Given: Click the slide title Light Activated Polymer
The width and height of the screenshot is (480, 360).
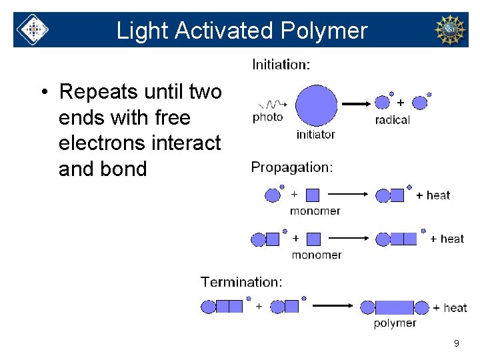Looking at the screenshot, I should (241, 31).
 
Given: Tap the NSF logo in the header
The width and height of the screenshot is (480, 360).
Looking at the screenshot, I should (450, 30).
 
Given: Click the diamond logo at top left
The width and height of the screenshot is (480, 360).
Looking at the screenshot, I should (32, 30).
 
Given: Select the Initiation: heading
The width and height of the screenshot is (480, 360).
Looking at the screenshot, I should (281, 65).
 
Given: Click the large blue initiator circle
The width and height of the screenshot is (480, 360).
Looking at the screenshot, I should (316, 105).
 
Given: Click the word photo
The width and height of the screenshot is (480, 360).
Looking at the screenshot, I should (268, 117).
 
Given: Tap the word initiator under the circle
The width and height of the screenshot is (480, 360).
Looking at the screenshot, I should (315, 134).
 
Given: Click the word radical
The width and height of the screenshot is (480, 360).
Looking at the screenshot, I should (393, 120).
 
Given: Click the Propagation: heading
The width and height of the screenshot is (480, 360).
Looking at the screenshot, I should (292, 167).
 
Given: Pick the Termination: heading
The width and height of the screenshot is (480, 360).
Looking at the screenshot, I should (241, 282).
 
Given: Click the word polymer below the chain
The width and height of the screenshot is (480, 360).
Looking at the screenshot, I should (395, 323).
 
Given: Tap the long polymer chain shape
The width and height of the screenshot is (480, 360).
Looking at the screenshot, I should (395, 307).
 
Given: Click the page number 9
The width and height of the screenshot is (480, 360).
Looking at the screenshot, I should (456, 343).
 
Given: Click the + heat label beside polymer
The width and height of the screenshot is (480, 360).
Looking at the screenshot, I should (450, 307).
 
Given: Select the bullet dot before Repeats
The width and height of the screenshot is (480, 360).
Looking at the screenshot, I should (43, 92).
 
